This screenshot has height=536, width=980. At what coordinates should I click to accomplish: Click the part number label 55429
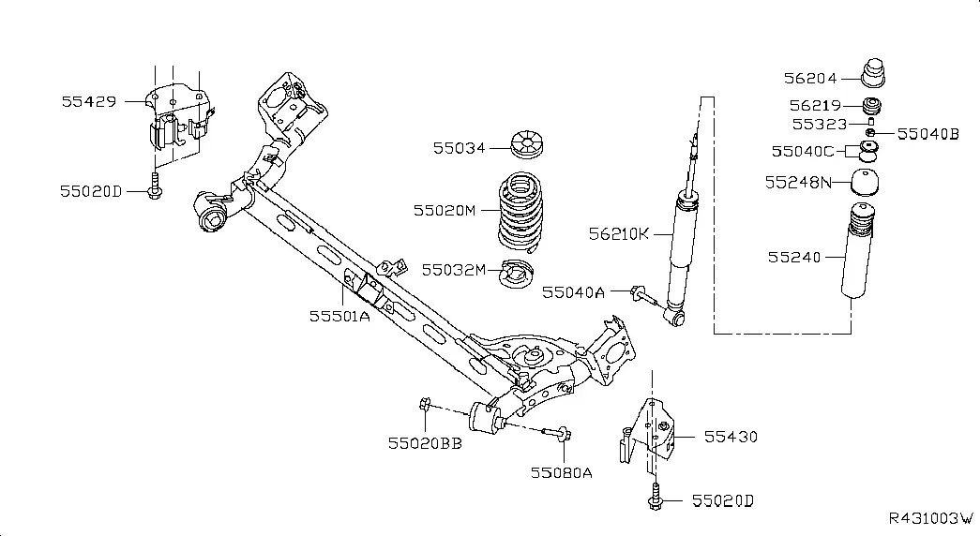point(89,101)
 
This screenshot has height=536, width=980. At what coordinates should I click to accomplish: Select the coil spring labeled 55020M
point(520,212)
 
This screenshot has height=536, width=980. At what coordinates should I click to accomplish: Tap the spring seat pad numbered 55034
point(526,144)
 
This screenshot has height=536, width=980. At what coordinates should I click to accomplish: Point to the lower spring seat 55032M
point(517,274)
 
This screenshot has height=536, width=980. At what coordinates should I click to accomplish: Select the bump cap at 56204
point(873,73)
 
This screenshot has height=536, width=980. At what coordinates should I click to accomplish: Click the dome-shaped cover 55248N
point(865,183)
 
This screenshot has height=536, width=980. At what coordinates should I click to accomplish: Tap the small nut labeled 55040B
point(869,132)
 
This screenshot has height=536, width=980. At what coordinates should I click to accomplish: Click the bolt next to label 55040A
point(644,295)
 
